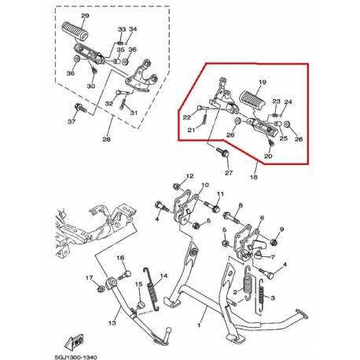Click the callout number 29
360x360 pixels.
tap(86, 17)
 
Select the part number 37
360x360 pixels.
tap(72, 122)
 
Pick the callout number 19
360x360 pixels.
tap(263, 82)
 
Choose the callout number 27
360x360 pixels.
tap(229, 172)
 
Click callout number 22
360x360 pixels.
tap(188, 118)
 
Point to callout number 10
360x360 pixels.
tap(205, 187)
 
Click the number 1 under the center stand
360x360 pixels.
tap(199, 323)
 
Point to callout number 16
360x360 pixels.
tap(121, 259)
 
